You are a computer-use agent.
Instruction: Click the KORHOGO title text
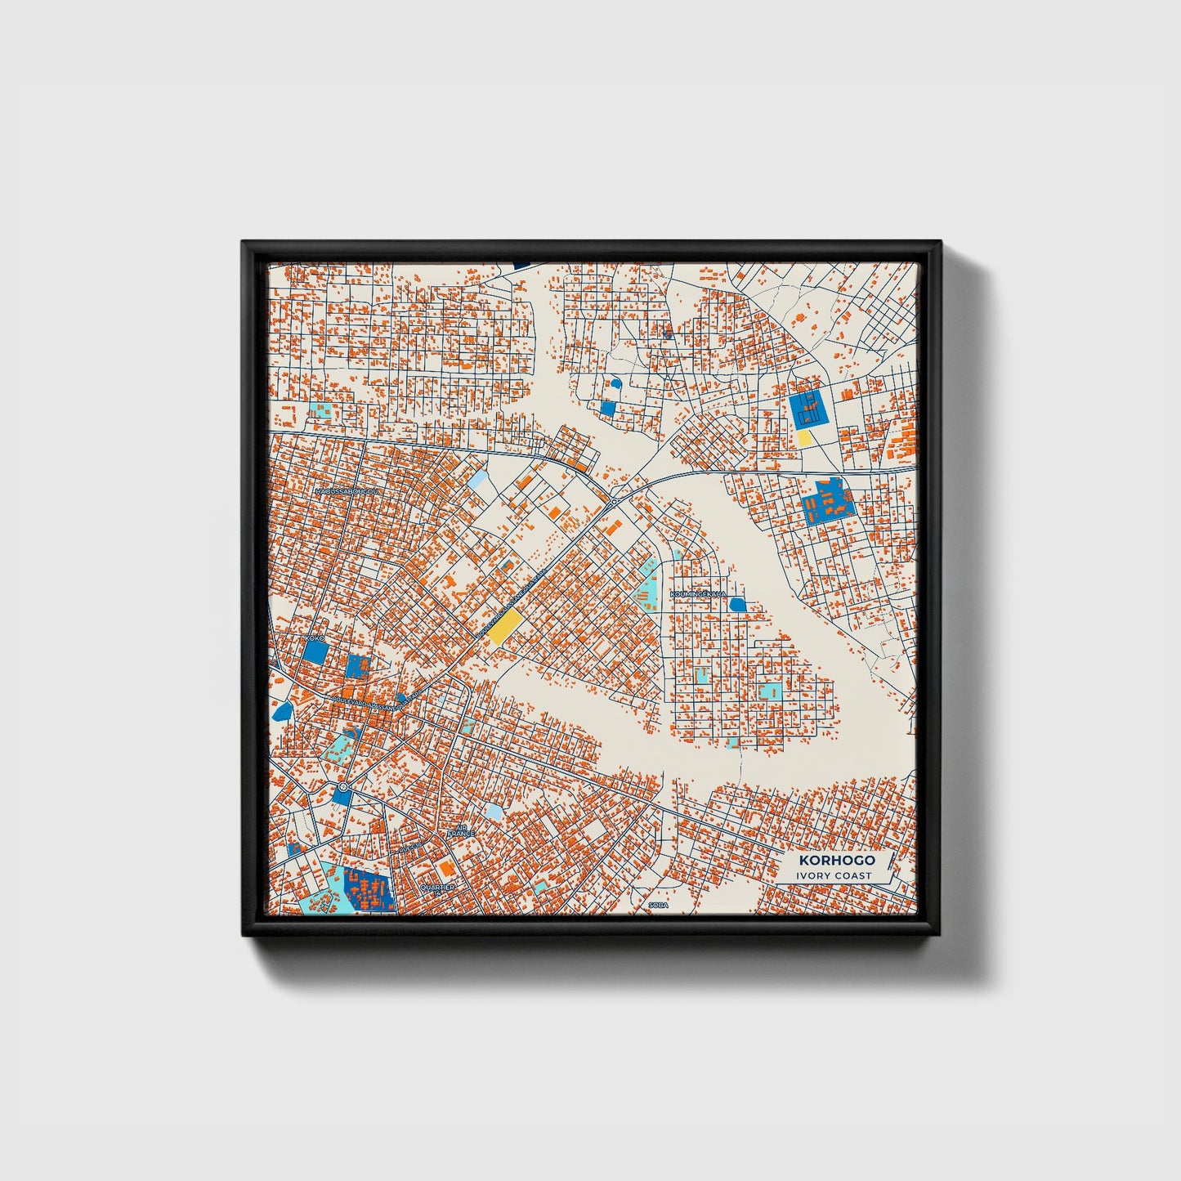click(x=837, y=860)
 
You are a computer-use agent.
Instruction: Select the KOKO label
click(x=315, y=637)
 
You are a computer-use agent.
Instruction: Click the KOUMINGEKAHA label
click(x=697, y=594)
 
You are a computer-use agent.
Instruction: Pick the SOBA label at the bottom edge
click(x=658, y=906)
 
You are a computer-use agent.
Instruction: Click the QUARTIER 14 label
click(x=436, y=887)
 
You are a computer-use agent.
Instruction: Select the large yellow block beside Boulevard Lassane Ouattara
click(x=507, y=629)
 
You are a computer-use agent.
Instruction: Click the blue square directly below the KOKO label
click(x=315, y=651)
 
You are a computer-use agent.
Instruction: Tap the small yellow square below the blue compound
click(x=805, y=438)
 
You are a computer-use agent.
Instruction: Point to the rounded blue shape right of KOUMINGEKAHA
click(x=737, y=604)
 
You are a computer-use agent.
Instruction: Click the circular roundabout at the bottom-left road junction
click(x=342, y=788)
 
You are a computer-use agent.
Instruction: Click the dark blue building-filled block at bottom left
click(x=369, y=889)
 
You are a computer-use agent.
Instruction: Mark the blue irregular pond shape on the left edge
click(x=283, y=709)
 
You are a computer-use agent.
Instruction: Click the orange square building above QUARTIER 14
click(x=445, y=866)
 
